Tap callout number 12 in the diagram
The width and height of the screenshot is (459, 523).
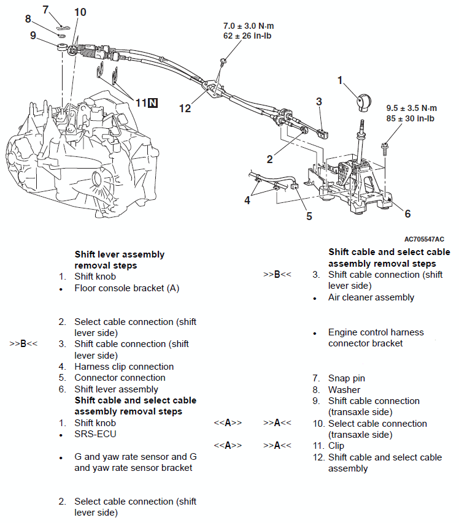[x=185, y=109]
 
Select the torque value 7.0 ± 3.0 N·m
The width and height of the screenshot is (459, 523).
[x=248, y=27]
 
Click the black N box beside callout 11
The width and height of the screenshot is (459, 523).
[x=153, y=103]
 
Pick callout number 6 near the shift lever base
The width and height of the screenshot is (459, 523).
[x=407, y=214]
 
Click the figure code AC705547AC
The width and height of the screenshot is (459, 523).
[x=424, y=239]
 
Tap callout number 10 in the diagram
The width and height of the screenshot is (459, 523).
[x=80, y=12]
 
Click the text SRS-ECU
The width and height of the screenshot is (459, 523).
[x=95, y=434]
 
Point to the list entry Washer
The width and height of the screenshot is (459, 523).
[x=344, y=389]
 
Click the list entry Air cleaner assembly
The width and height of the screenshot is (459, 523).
[x=371, y=297]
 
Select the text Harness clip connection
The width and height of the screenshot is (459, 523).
[x=124, y=367]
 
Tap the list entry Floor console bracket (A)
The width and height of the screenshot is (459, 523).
[x=126, y=288]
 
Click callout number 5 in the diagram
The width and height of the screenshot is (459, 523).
[x=309, y=216]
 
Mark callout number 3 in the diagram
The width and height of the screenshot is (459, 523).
[x=319, y=101]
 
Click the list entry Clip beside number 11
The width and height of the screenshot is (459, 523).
[x=336, y=446]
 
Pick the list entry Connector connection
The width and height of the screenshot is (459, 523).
[x=120, y=378]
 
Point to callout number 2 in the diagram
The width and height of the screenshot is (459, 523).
[x=269, y=159]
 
